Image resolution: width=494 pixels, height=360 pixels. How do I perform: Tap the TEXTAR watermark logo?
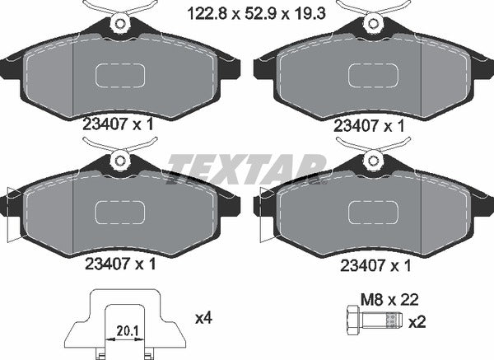[x=247, y=171]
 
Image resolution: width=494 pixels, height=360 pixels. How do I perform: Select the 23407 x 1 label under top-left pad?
[x=120, y=125]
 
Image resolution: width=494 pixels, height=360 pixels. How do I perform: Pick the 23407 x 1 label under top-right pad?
[x=369, y=125]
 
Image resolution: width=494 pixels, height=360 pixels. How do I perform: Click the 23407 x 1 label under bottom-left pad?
[x=120, y=265]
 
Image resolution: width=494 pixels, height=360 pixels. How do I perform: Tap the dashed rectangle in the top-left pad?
[x=120, y=74]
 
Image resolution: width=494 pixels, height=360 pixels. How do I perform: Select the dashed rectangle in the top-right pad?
[x=372, y=74]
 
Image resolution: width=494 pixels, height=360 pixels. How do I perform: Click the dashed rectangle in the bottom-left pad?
[x=120, y=213]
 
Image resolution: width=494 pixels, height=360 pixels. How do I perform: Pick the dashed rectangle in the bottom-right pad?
[x=372, y=213]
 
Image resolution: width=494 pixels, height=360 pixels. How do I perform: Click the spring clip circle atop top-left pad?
[x=120, y=23]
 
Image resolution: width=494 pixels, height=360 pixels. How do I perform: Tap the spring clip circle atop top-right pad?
[x=372, y=23]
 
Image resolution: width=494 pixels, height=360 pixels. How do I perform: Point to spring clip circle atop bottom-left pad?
[x=120, y=161]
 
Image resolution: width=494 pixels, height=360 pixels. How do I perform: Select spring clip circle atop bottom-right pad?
[x=372, y=161]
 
